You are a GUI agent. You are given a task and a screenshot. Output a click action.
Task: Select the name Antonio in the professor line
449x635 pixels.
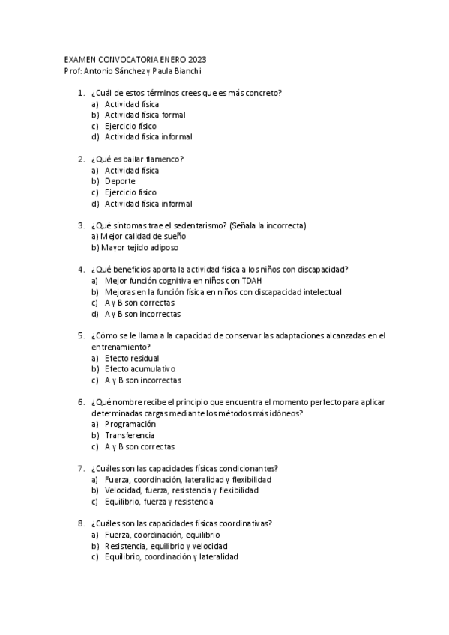(x=96, y=70)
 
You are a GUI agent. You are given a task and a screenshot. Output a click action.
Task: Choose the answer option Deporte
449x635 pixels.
(x=120, y=181)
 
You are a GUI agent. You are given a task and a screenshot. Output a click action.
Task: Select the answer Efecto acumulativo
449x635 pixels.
(x=139, y=369)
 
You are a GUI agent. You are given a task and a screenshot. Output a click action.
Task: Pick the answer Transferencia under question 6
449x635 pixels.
(x=130, y=435)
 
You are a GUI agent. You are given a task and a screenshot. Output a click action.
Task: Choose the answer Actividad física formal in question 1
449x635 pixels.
(x=145, y=115)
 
